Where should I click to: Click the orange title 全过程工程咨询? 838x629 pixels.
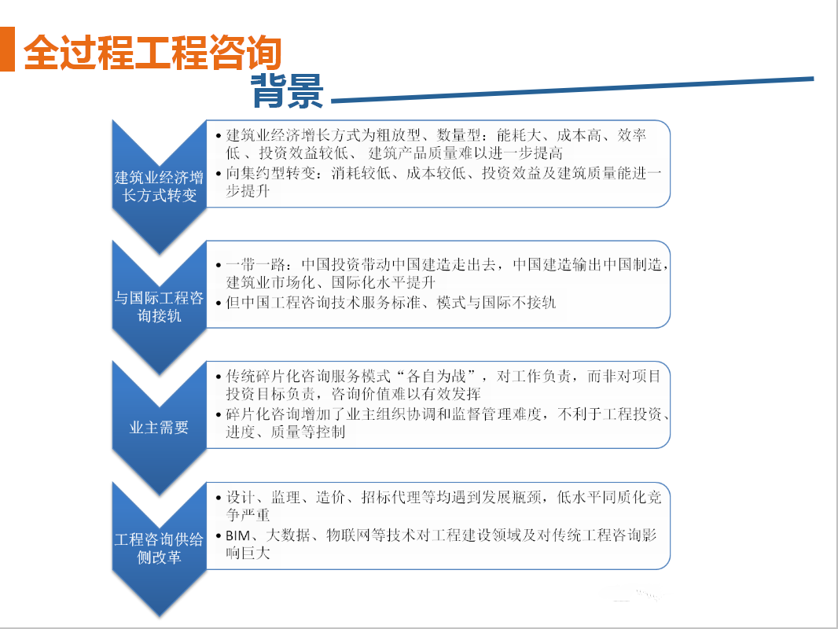[153, 53]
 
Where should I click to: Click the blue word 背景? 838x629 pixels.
[288, 91]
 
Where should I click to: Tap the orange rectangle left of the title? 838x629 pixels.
[7, 50]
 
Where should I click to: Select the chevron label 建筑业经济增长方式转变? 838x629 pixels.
[160, 186]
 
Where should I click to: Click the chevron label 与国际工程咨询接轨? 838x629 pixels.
[160, 307]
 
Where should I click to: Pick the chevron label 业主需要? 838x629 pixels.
[159, 428]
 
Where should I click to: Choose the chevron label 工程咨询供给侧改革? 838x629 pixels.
[160, 548]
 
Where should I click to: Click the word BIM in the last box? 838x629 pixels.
[238, 535]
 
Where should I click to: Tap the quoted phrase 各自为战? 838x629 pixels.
[436, 377]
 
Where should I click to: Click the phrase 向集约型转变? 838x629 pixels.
[270, 173]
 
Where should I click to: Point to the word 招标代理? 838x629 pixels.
[391, 497]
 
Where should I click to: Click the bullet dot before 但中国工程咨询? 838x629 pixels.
[219, 303]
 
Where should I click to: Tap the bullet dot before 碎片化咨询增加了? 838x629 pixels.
[219, 414]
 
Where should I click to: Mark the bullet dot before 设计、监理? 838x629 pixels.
[219, 498]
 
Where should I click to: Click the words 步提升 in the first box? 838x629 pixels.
[248, 191]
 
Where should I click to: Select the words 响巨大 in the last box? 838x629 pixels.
[248, 553]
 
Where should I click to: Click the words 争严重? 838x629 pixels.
[248, 515]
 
